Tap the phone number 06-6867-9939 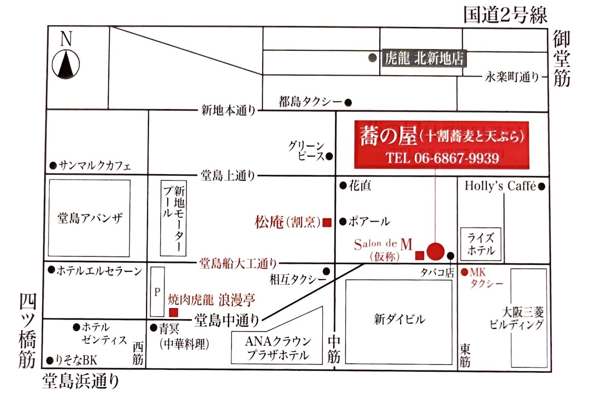point(442,158)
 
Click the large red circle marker point(435,251)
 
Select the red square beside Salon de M point(419,255)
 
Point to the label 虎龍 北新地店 point(423,59)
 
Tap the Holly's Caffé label point(500,186)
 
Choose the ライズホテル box point(481,245)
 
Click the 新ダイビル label point(399,319)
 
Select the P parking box point(157,291)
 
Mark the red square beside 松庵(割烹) point(327,222)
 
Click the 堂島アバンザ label point(90,218)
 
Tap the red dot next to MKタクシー point(464,272)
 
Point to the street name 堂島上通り point(228,176)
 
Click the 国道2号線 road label point(505,15)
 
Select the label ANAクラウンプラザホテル point(278,348)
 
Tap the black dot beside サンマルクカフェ point(53,165)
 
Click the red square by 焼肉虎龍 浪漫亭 point(174,313)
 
